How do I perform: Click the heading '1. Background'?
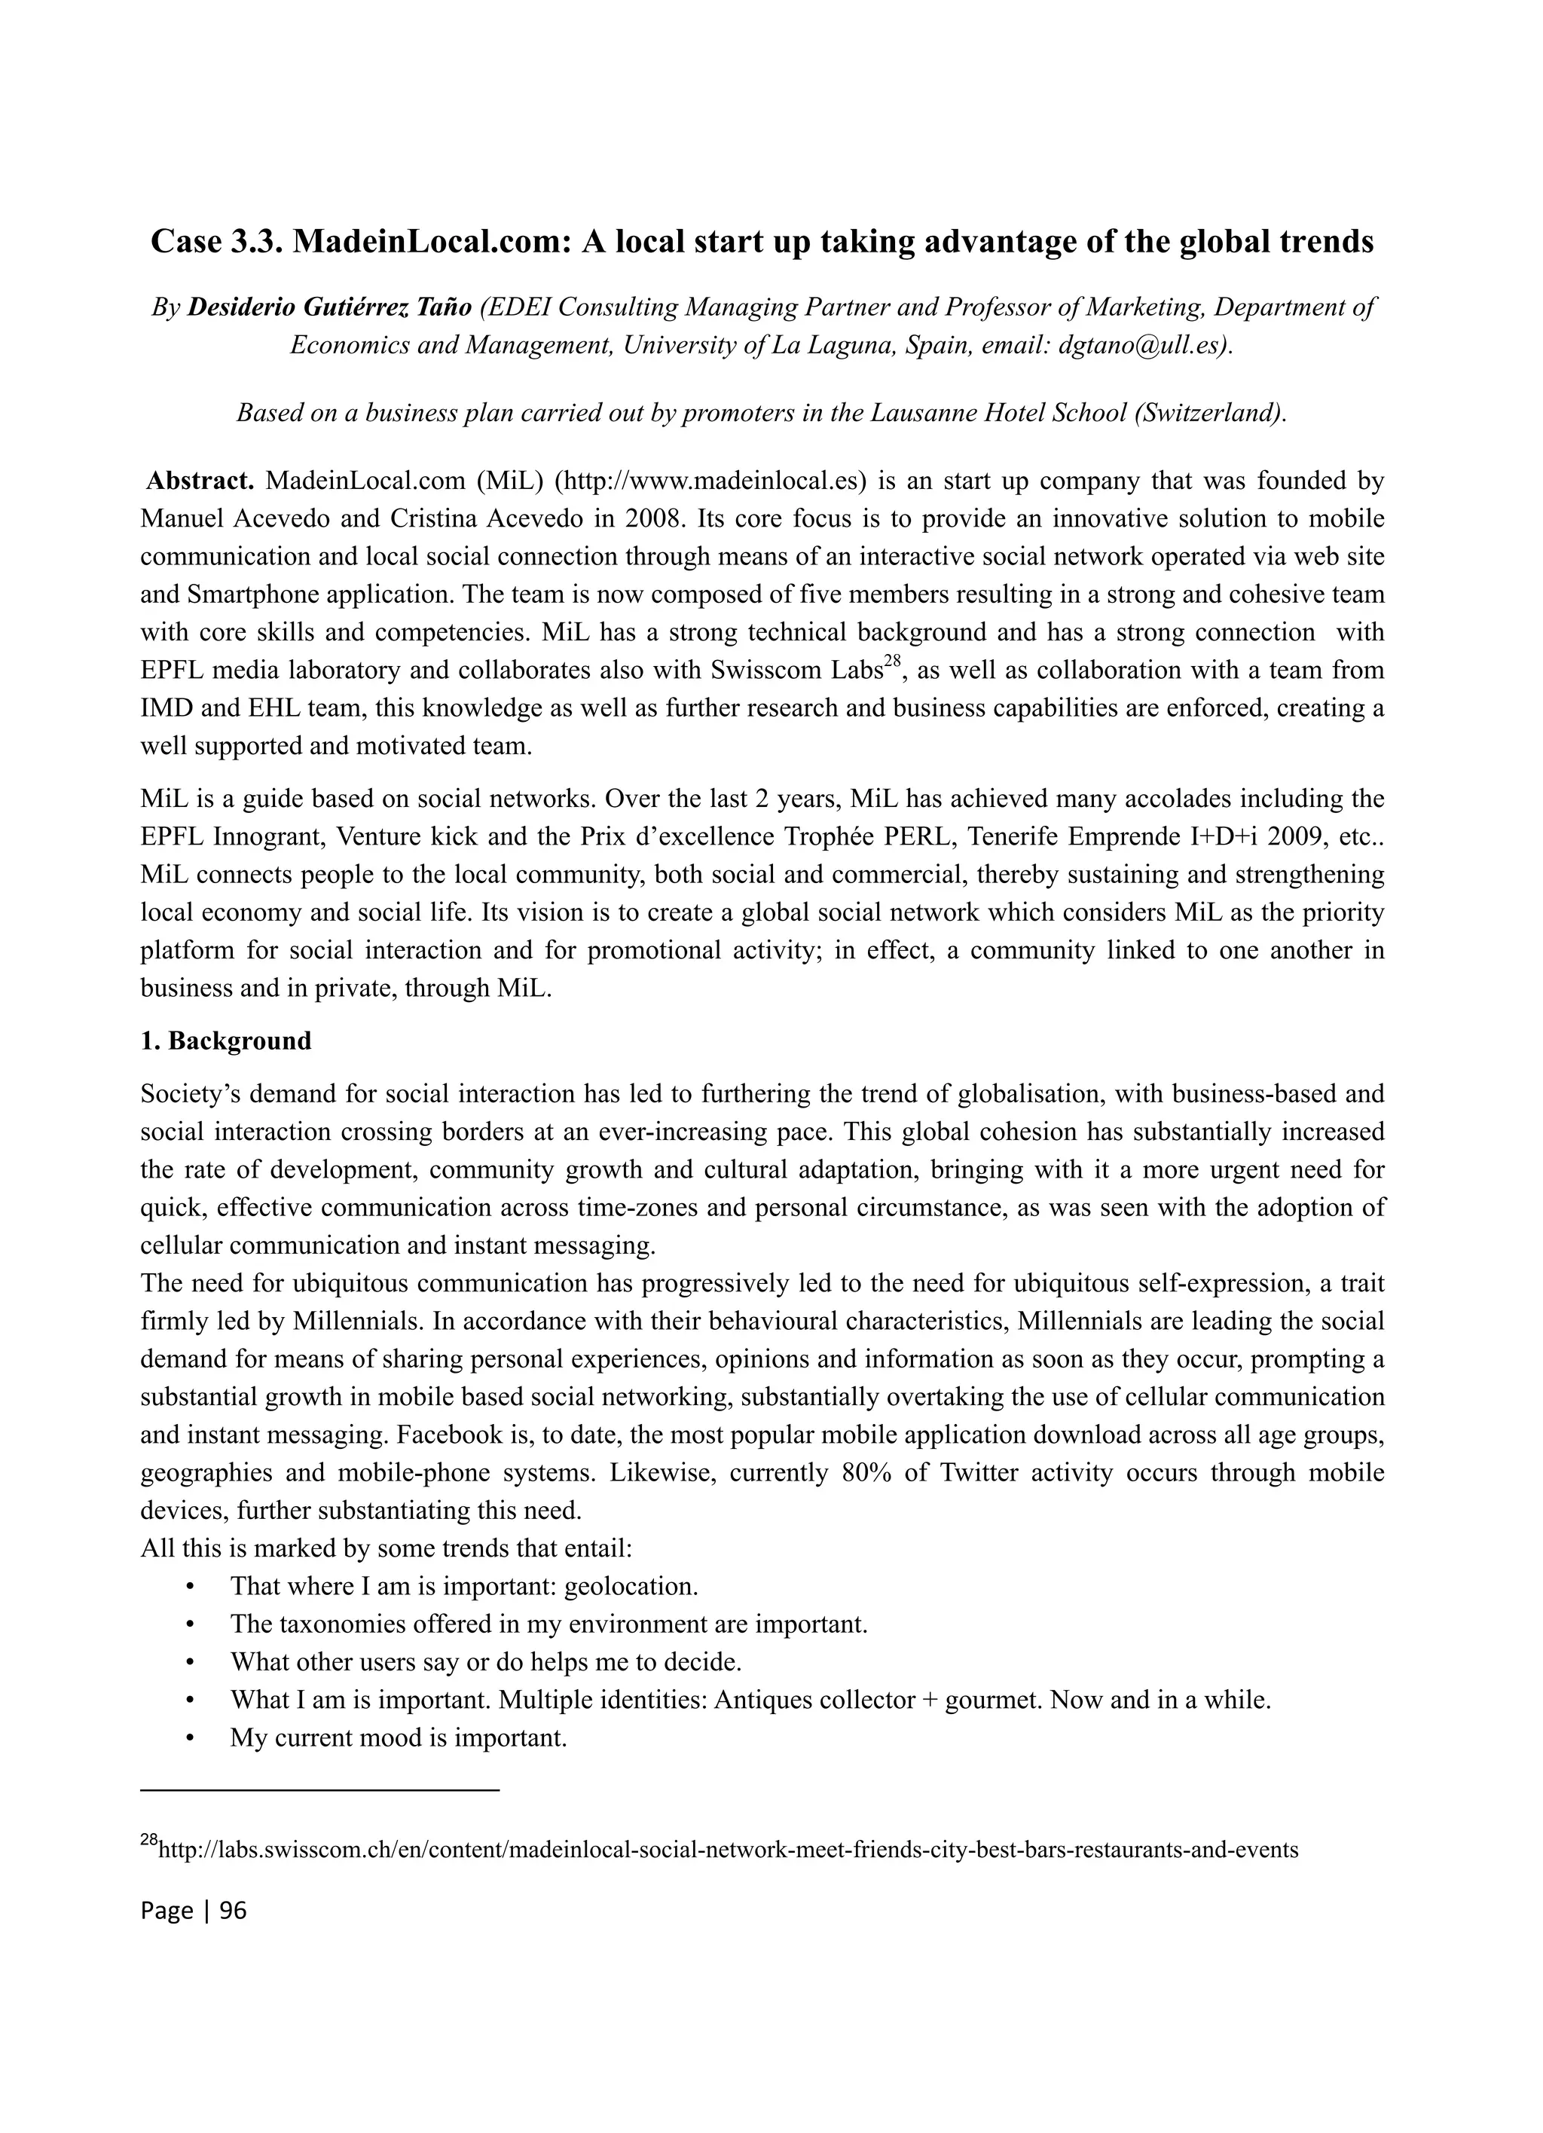pyautogui.click(x=226, y=1041)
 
